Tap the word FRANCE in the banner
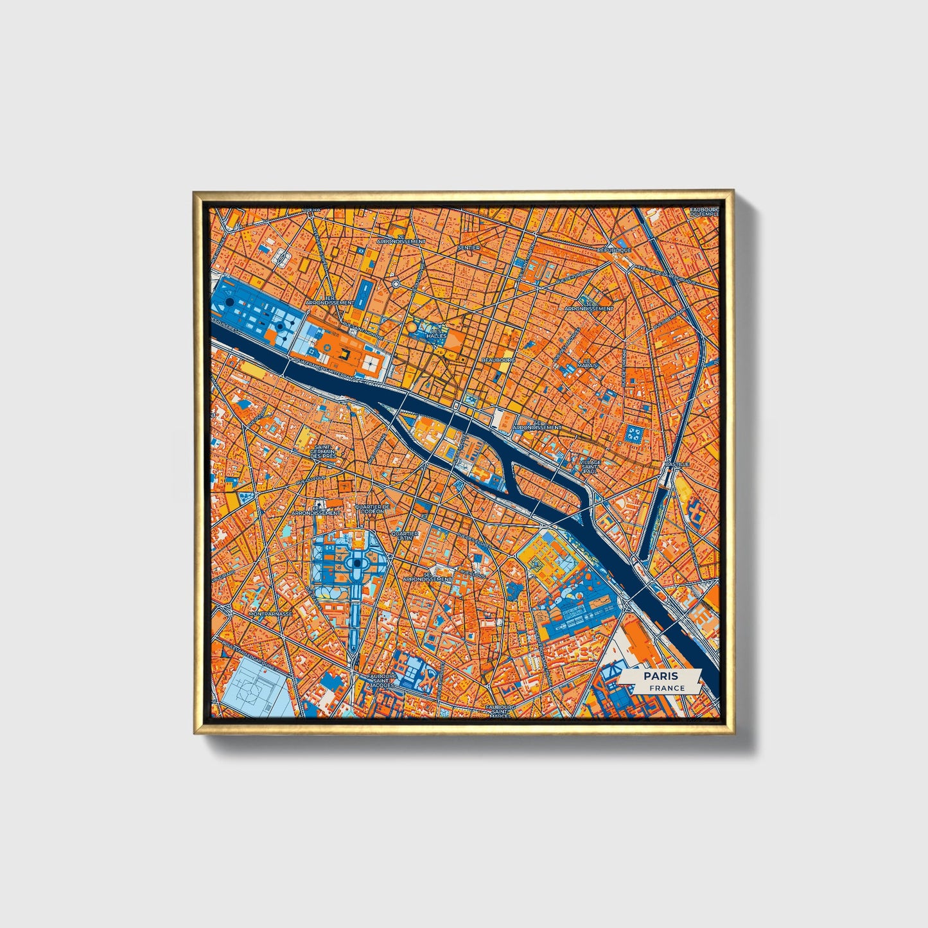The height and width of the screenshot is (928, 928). click(x=667, y=688)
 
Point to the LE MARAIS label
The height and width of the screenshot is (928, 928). click(x=587, y=363)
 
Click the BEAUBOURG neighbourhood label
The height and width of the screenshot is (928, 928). click(x=498, y=360)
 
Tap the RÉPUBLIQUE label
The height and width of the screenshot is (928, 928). click(x=615, y=250)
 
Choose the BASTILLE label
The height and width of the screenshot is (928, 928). click(x=677, y=464)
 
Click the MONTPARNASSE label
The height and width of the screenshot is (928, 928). click(x=270, y=614)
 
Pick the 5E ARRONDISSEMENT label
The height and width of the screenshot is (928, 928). click(x=427, y=577)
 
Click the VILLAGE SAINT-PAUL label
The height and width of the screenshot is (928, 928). click(x=590, y=466)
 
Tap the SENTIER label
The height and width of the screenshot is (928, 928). click(x=469, y=247)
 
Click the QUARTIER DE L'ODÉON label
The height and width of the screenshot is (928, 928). click(x=372, y=509)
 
